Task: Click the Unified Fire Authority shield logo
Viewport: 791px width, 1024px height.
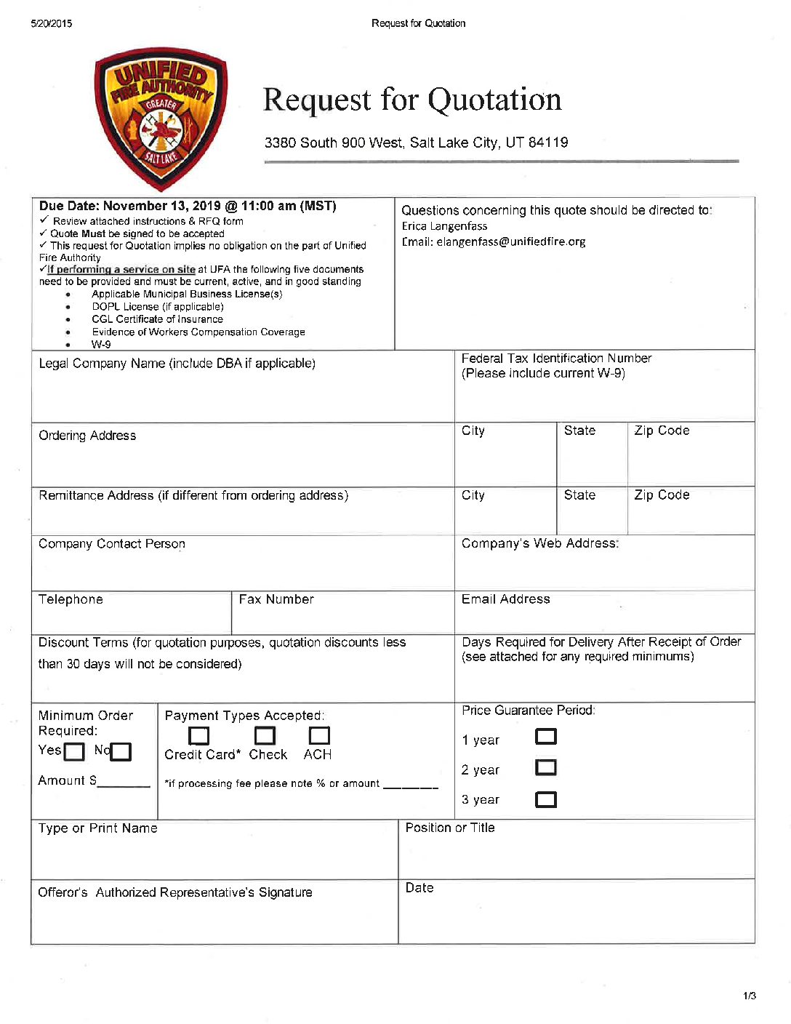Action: (x=161, y=119)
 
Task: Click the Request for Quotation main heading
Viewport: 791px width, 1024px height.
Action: (x=412, y=100)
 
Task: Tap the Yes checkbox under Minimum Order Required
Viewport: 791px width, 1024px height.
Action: (x=74, y=751)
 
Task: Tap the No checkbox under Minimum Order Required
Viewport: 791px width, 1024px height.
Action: (x=121, y=751)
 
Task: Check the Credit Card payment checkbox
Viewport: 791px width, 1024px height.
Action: (x=198, y=736)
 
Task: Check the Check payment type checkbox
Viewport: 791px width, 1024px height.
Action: (x=265, y=736)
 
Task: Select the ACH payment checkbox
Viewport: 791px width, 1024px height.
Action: (x=319, y=736)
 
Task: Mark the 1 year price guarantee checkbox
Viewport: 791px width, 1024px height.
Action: (x=546, y=737)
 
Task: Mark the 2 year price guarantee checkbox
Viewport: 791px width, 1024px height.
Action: (x=546, y=768)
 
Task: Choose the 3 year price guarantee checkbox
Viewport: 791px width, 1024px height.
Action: (x=546, y=799)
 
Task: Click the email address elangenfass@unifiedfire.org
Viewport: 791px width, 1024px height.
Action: (x=510, y=241)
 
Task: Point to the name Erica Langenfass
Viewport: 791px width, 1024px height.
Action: (x=444, y=226)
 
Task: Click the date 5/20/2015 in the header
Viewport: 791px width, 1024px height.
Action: (x=52, y=23)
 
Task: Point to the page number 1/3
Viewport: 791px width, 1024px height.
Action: (x=750, y=996)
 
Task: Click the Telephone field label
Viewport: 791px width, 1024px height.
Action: (x=71, y=599)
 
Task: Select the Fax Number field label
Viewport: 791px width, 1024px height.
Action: (x=276, y=599)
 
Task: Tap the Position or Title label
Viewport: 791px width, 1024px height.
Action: (x=450, y=828)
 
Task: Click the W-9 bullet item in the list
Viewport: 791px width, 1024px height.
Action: (x=101, y=345)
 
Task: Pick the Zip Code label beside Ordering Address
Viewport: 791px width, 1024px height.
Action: (x=662, y=431)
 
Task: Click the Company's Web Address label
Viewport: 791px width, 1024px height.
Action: (x=540, y=543)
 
